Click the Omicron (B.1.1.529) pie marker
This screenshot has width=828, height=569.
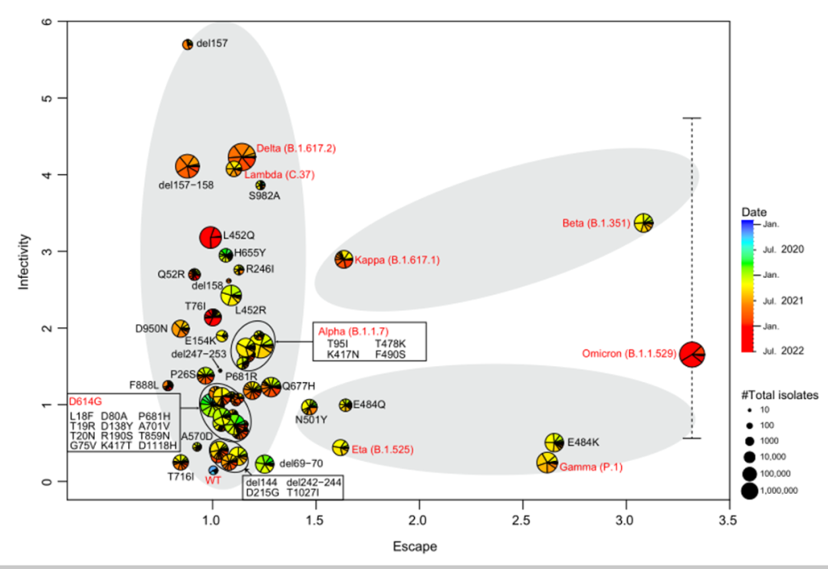coord(692,355)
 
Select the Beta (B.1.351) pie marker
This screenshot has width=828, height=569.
coord(643,223)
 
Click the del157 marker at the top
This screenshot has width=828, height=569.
coord(187,44)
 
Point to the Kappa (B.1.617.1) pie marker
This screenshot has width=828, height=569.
coord(343,259)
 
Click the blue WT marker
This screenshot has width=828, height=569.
coord(214,469)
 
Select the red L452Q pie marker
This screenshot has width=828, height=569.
coord(211,237)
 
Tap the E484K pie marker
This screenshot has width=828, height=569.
coord(555,442)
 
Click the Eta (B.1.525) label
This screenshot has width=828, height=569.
coord(382,450)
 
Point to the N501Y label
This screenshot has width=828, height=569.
coord(311,420)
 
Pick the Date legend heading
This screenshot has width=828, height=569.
coord(754,211)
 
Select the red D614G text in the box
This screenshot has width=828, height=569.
coord(85,401)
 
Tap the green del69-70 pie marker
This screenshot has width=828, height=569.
coord(264,463)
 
